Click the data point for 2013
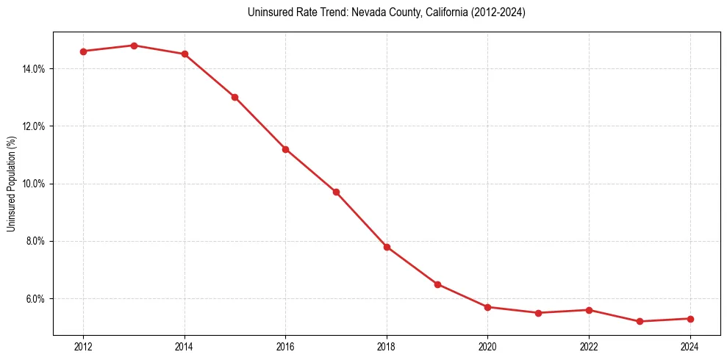134,46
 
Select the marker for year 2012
83,51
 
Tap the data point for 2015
234,97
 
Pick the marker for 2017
336,192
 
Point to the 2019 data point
437,284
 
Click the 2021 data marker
538,313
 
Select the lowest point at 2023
640,321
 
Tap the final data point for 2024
690,319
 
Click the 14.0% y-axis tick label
34,69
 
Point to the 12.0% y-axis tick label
34,126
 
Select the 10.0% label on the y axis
34,184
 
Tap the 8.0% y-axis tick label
36,241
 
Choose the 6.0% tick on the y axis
36,299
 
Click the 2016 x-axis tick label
285,346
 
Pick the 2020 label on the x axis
487,346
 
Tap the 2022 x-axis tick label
589,346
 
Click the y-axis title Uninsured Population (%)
12,184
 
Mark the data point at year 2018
387,247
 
